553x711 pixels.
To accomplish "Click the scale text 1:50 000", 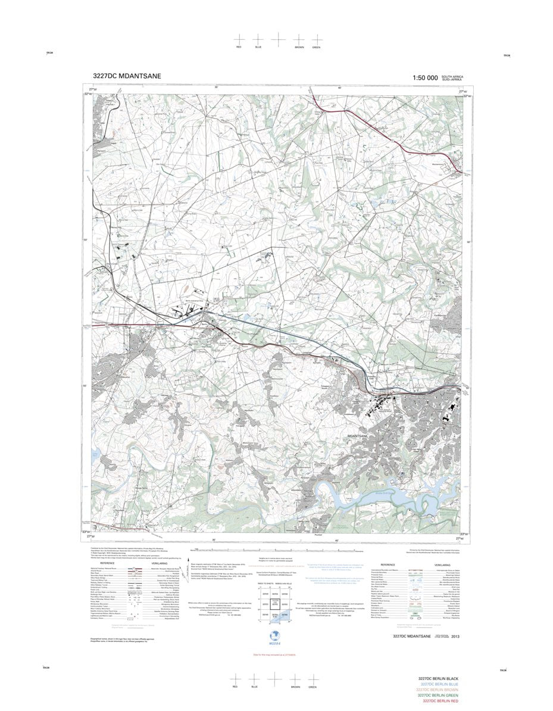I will point(425,78).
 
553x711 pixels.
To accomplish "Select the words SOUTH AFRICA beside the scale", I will point(452,76).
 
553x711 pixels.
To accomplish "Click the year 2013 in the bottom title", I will point(455,637).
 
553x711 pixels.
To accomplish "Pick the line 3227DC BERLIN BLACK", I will point(439,679).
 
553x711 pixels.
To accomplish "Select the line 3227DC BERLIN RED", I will point(440,701).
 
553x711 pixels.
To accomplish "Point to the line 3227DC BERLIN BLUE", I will point(439,685).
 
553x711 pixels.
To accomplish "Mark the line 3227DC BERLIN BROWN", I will point(439,690).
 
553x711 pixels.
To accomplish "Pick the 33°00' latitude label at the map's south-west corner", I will point(86,532).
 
